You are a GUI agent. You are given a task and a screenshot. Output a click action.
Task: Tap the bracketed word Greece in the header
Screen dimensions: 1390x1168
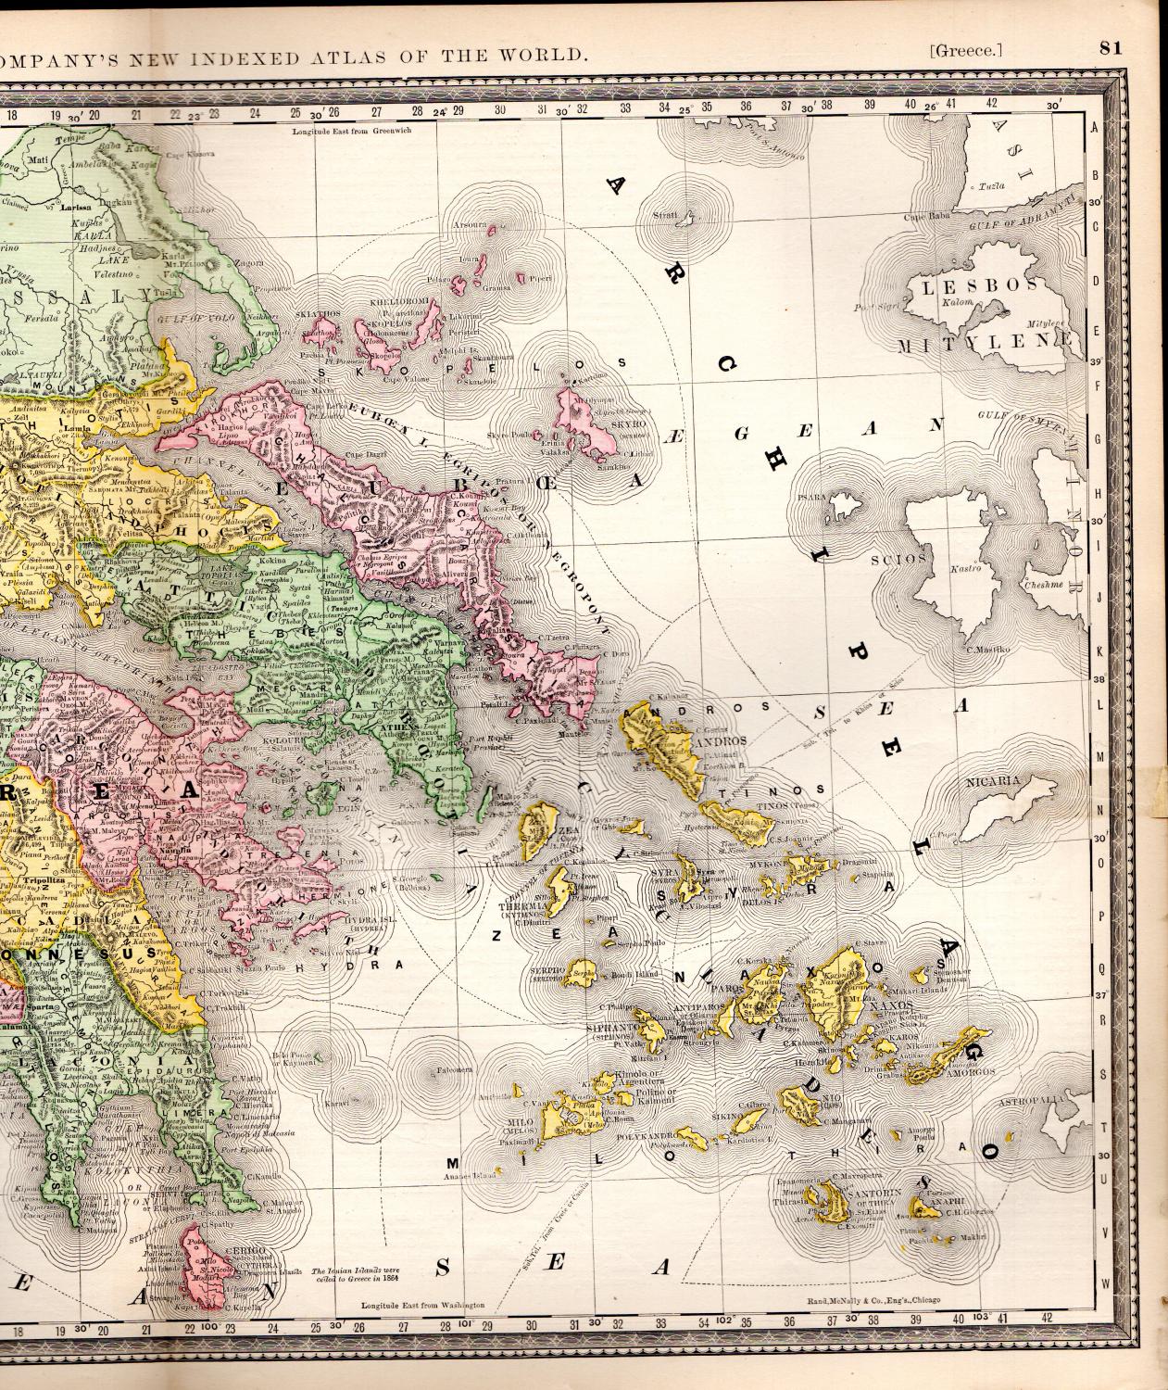(x=966, y=51)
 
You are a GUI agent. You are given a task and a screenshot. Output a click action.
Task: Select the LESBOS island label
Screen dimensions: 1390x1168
(x=962, y=288)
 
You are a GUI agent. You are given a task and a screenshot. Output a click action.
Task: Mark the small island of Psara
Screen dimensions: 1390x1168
(x=841, y=506)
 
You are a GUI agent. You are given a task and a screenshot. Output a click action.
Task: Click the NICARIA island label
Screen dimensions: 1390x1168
(x=992, y=780)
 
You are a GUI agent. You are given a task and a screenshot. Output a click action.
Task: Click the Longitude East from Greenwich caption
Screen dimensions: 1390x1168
(x=350, y=132)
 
